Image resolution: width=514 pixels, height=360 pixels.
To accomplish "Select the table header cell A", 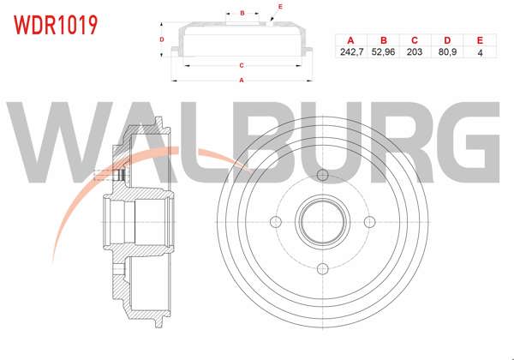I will (x=350, y=40).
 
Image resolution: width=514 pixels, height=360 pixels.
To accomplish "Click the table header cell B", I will (x=383, y=40).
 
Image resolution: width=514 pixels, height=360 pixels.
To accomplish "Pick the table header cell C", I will (x=415, y=40).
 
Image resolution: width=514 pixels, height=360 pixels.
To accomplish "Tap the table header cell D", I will (x=446, y=40).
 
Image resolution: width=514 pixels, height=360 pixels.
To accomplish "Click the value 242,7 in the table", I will (x=350, y=52).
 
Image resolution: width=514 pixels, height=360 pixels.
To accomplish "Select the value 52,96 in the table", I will (x=383, y=52).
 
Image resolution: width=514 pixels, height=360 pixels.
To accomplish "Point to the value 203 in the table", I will (x=415, y=52).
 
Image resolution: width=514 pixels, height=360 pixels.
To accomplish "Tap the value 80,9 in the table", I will (x=446, y=52).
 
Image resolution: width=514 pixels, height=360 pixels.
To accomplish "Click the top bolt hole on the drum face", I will (x=323, y=176).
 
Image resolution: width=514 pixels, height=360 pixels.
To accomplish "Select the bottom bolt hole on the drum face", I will (x=323, y=269).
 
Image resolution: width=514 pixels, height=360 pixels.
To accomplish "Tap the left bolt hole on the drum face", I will (x=276, y=223).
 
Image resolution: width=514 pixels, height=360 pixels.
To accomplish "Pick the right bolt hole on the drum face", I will (x=370, y=223).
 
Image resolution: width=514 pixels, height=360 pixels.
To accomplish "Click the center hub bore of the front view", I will (x=323, y=223).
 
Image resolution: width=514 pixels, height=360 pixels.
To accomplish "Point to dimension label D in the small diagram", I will (x=162, y=39).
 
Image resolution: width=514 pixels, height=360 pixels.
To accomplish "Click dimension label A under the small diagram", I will (x=242, y=81).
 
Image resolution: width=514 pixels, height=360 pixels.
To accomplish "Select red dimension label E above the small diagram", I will (x=280, y=6).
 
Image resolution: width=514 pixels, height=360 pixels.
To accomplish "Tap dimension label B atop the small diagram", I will (x=242, y=13).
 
